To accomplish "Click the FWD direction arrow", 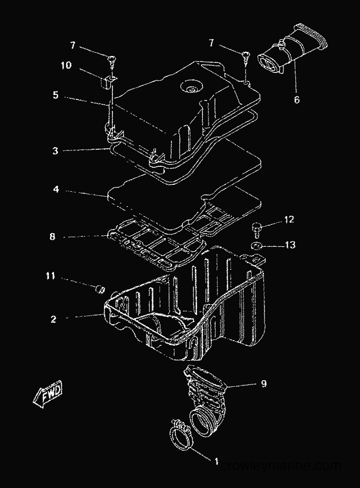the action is pos(48,394).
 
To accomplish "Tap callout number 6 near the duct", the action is pos(297,99).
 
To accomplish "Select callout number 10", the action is pos(66,65).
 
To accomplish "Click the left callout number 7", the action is pos(72,45).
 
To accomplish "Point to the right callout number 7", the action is pos(212,42).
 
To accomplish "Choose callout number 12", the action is pos(289,219).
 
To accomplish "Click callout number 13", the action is pos(290,245).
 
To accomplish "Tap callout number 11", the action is pos(51,276).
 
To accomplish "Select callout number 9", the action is pos(264,384).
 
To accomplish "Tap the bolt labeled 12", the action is pos(256,229).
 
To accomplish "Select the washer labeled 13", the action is pos(256,246).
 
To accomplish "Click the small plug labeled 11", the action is pos(99,289).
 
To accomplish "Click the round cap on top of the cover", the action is pos(191,86).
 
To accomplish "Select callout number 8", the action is pos(52,237).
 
